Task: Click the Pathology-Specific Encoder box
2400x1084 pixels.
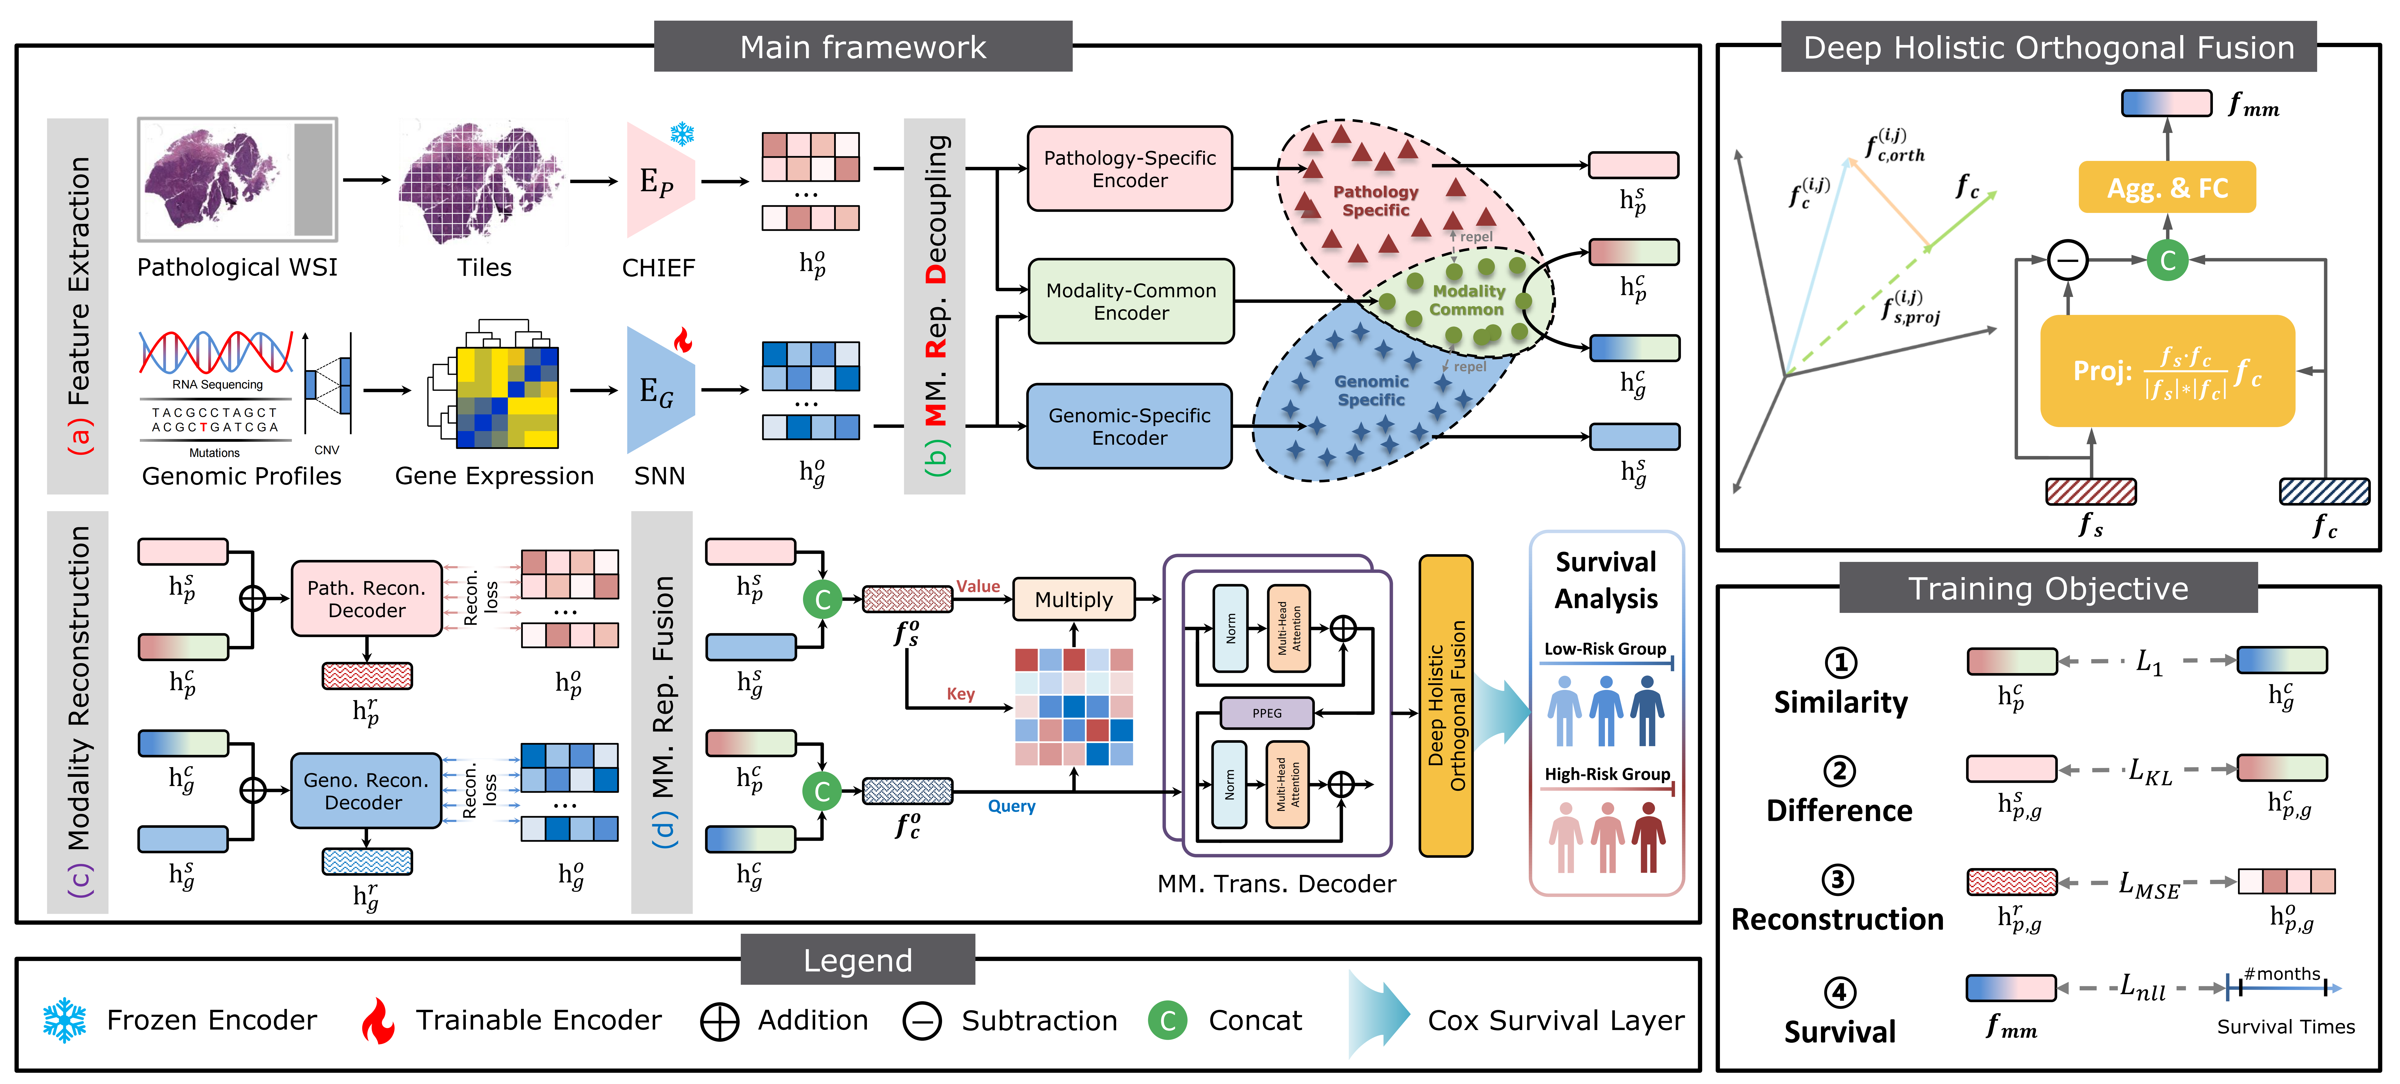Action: coord(1129,169)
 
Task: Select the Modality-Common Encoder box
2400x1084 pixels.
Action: coord(1130,301)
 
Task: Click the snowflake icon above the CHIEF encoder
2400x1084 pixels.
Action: coord(682,133)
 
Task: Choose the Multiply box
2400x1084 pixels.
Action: coord(1073,599)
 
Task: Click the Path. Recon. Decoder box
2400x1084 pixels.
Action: coord(366,599)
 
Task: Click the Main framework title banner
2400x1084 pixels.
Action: coord(863,47)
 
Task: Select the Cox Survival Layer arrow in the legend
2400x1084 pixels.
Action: coord(1379,1015)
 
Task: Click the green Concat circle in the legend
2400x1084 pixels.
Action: coord(1167,1021)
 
